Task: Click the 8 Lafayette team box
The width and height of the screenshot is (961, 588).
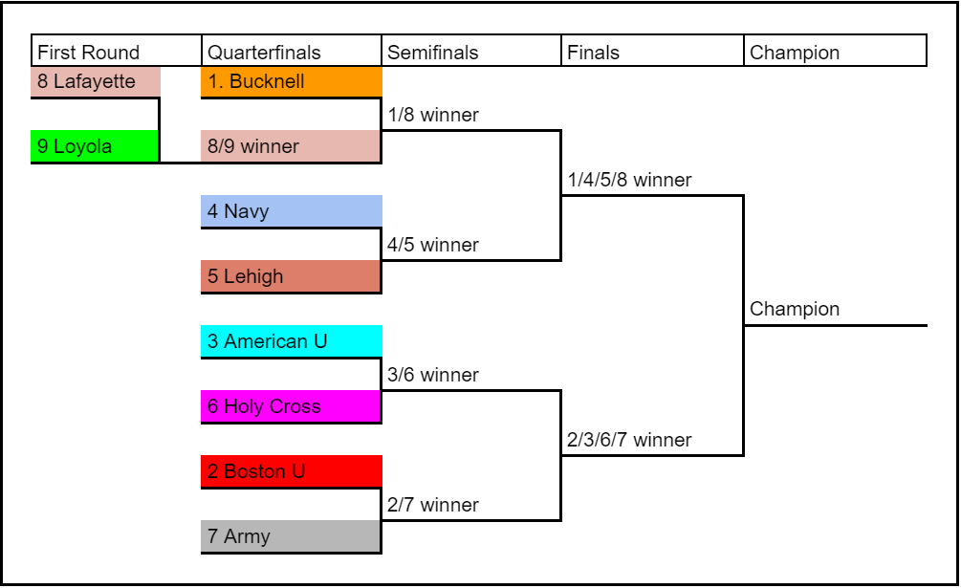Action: click(x=96, y=82)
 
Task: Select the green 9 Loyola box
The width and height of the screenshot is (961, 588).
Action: click(x=96, y=147)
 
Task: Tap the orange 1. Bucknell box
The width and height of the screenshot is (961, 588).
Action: click(x=292, y=82)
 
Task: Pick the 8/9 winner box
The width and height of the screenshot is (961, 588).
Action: click(x=292, y=147)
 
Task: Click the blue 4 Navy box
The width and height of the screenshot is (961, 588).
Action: click(x=292, y=212)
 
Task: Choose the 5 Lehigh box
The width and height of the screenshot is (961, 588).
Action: click(x=292, y=277)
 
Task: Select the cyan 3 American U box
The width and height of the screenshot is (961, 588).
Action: click(x=292, y=342)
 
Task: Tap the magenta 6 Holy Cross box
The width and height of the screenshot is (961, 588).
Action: click(x=292, y=407)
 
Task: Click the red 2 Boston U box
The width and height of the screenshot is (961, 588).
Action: click(x=292, y=472)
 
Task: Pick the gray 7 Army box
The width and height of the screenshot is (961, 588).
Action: click(x=292, y=537)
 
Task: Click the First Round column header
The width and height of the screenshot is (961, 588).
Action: click(x=117, y=52)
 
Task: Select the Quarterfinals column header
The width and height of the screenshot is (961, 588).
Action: click(x=292, y=52)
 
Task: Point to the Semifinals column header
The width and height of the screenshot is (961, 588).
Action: click(x=471, y=52)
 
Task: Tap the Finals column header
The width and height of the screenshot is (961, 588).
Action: click(x=652, y=52)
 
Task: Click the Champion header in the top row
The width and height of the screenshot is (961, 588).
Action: click(x=835, y=52)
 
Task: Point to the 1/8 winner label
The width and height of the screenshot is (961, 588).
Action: click(x=433, y=116)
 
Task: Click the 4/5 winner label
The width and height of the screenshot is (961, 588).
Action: click(x=433, y=246)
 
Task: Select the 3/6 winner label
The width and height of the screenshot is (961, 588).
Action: click(x=433, y=376)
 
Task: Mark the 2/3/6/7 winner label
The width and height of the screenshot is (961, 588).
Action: click(x=629, y=441)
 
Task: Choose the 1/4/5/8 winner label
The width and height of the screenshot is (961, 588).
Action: click(x=629, y=181)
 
